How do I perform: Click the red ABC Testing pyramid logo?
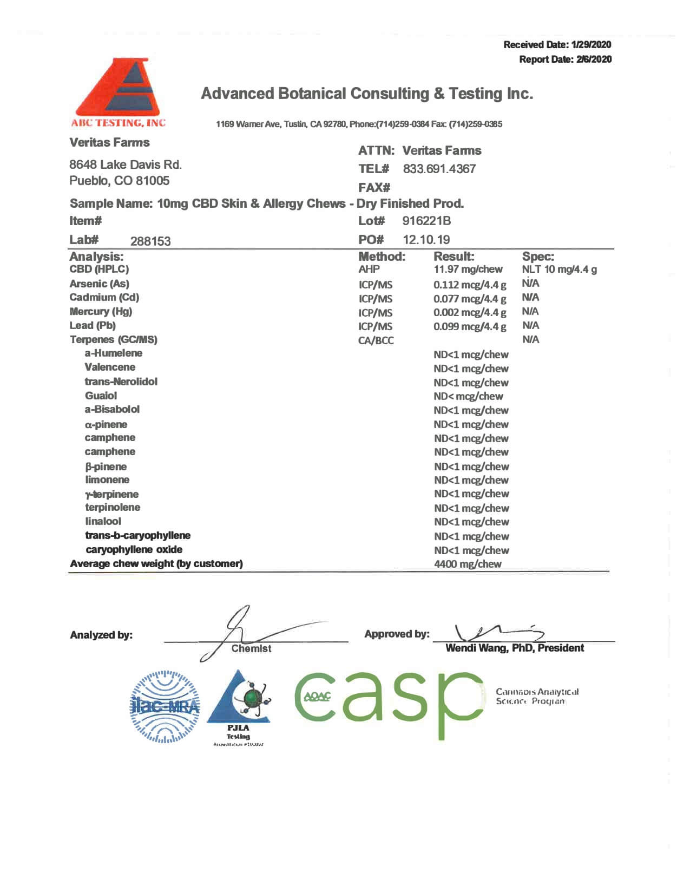(119, 89)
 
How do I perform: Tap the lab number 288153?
(150, 241)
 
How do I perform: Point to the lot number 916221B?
(426, 221)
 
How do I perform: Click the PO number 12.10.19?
(426, 240)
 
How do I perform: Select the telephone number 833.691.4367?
(439, 169)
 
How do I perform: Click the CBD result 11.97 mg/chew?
(468, 270)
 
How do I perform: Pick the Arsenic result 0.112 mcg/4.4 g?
(470, 285)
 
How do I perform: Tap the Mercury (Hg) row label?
(101, 312)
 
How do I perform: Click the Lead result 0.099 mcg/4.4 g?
(470, 326)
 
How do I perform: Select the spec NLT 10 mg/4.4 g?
(559, 270)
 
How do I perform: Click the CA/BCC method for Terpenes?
(376, 340)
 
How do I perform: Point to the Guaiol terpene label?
(101, 396)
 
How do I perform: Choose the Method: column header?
(382, 257)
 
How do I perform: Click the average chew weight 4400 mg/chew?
(468, 564)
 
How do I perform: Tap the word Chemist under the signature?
(251, 648)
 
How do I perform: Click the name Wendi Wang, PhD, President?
(514, 648)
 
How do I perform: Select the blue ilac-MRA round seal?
(165, 706)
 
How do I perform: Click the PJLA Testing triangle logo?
(239, 704)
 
